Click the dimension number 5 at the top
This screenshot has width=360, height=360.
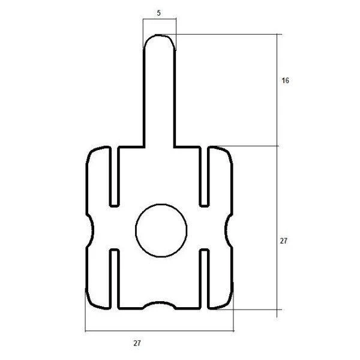pyautogui.click(x=158, y=13)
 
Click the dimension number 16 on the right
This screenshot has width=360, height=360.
pyautogui.click(x=285, y=80)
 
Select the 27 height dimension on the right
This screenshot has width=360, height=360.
pyautogui.click(x=284, y=241)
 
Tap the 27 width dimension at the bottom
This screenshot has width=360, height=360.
pyautogui.click(x=137, y=343)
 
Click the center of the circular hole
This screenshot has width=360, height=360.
pyautogui.click(x=161, y=230)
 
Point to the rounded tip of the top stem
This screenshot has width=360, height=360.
pyautogui.click(x=160, y=35)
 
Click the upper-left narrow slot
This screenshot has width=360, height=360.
pyautogui.click(x=115, y=177)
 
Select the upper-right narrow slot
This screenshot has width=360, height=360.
pyautogui.click(x=204, y=177)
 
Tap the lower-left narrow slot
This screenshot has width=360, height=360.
pyautogui.click(x=115, y=279)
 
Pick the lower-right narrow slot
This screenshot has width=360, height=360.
pyautogui.click(x=204, y=279)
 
